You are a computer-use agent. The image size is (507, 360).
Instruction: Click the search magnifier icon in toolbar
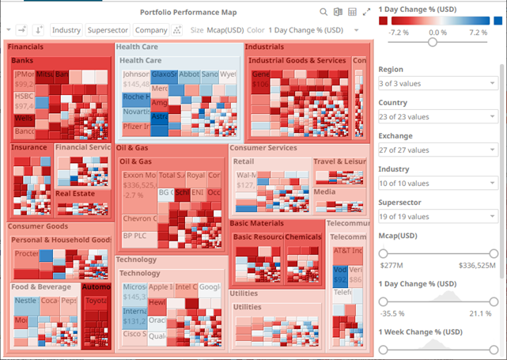pos(323,12)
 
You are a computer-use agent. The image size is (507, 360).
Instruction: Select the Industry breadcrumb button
pos(66,30)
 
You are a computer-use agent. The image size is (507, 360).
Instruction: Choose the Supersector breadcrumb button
pos(108,30)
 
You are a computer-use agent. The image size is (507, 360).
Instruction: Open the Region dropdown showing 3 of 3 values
pos(437,83)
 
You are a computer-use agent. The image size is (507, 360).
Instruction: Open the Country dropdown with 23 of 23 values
pos(437,116)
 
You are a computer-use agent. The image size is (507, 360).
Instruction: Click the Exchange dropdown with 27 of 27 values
pos(437,150)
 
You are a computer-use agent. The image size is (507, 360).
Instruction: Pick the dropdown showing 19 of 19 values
pos(437,216)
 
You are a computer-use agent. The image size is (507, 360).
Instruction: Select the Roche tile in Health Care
pos(134,99)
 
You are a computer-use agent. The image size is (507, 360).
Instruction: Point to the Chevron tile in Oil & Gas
pos(138,218)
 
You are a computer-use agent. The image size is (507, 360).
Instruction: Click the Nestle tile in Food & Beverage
pos(25,301)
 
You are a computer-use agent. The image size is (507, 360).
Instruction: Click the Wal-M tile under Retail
pos(246,176)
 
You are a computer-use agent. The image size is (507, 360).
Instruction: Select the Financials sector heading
pos(26,47)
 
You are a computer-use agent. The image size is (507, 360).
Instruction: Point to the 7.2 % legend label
pos(478,32)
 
